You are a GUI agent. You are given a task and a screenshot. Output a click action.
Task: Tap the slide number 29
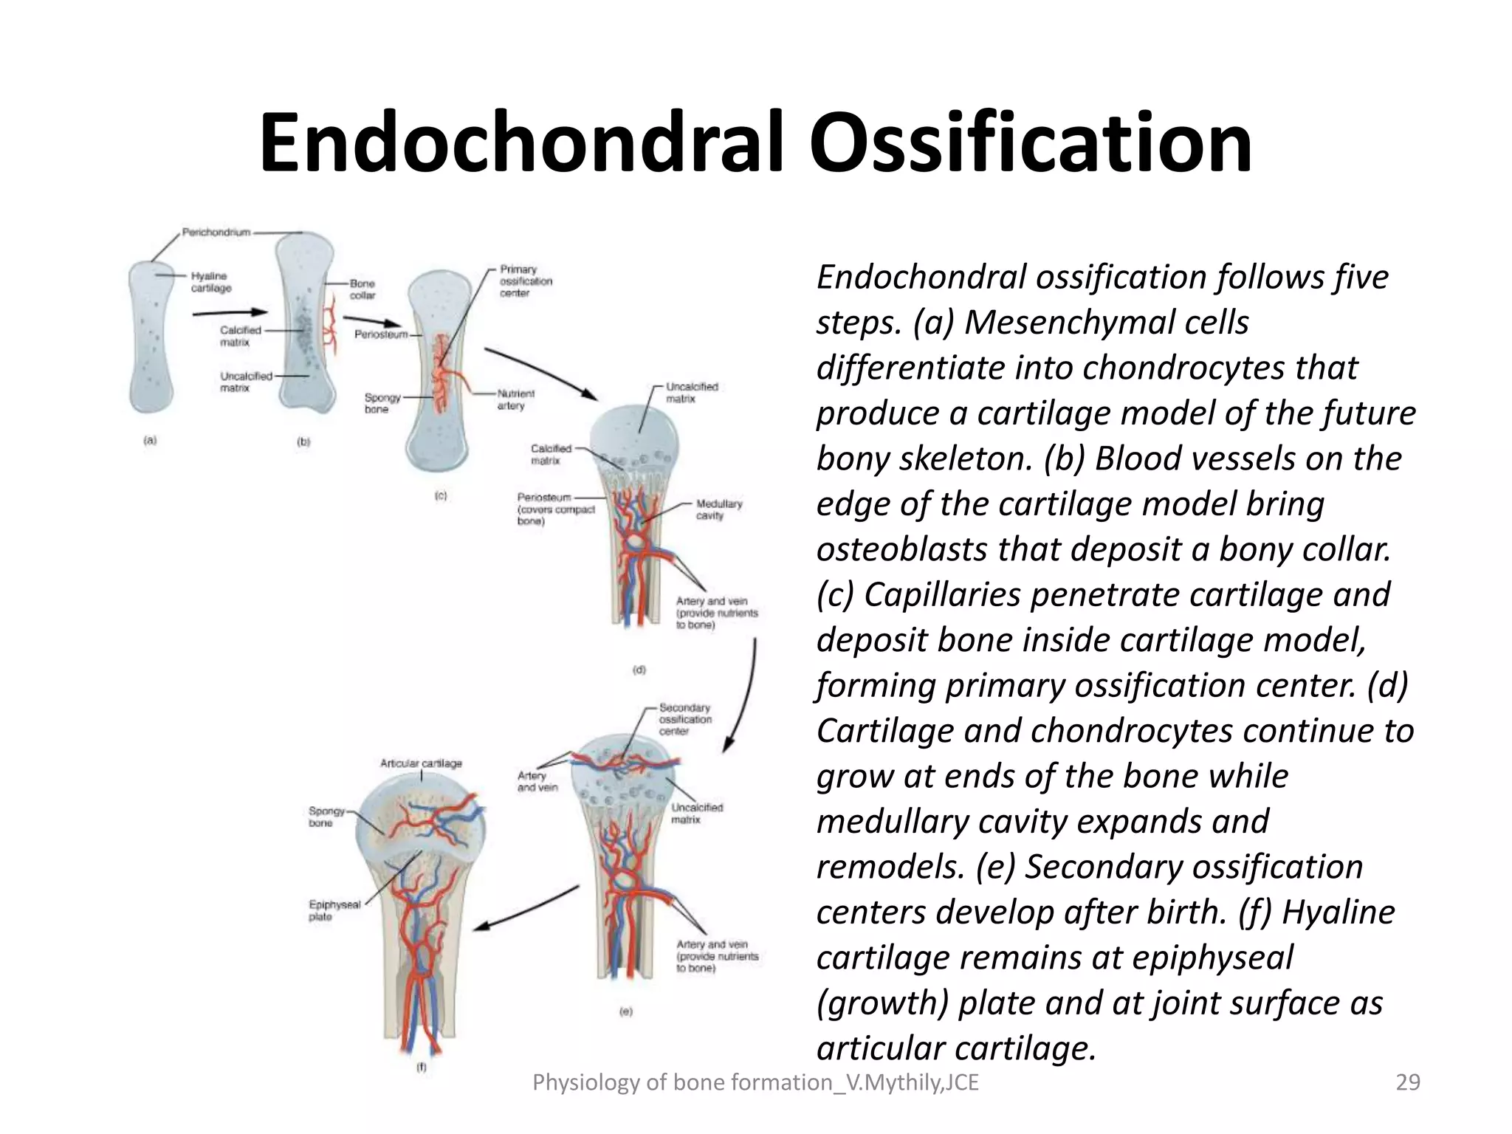click(x=1408, y=1082)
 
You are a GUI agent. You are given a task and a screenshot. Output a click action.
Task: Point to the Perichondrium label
click(x=216, y=233)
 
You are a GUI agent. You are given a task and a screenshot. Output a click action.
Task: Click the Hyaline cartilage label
click(x=210, y=282)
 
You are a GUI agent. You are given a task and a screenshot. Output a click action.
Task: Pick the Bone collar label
click(x=362, y=289)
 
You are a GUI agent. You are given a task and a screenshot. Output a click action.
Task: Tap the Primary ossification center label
click(x=526, y=281)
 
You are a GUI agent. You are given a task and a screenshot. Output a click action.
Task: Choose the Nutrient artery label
click(x=515, y=400)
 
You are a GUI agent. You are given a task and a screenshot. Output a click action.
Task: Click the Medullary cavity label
click(x=719, y=509)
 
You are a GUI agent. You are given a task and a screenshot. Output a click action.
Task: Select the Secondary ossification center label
click(x=685, y=719)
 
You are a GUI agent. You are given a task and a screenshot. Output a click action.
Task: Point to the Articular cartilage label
click(x=421, y=763)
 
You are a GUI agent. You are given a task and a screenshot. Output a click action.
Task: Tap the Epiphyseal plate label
click(x=334, y=910)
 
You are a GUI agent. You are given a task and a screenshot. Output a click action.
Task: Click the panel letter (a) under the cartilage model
click(x=150, y=441)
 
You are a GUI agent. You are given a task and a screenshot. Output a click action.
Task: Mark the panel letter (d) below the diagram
click(x=639, y=670)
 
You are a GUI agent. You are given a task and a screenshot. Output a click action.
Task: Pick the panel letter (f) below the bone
click(x=422, y=1067)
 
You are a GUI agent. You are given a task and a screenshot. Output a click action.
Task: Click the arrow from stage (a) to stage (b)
click(x=229, y=313)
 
